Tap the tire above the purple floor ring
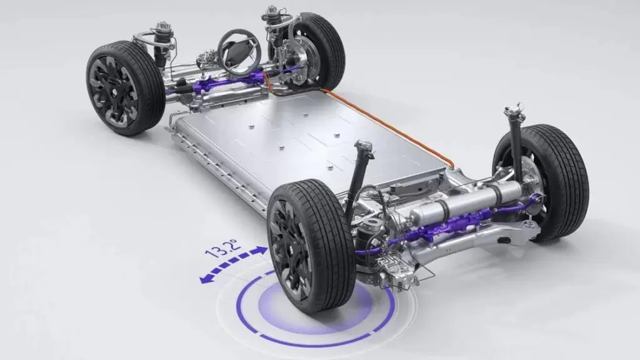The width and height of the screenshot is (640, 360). point(311,245)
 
